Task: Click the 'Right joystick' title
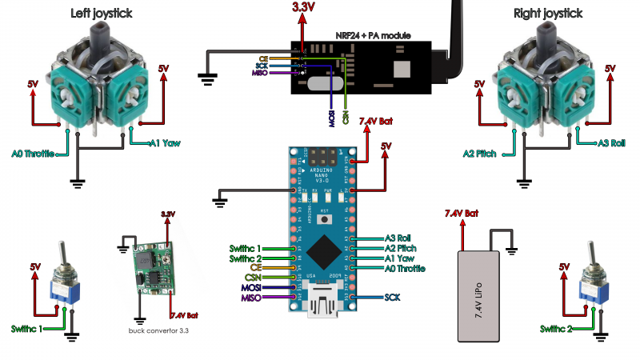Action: coord(549,13)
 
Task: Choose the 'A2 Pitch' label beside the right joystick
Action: coord(481,153)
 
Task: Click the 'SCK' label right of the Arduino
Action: coord(392,297)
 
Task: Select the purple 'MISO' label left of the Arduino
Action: coord(252,298)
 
